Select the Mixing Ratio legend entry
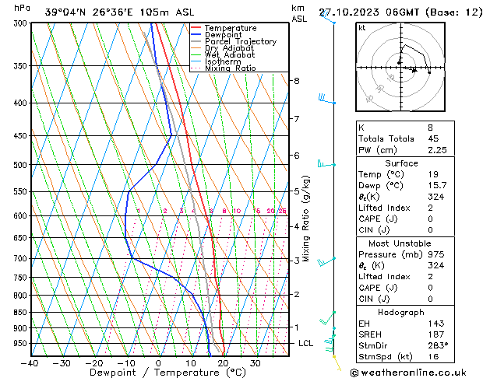point(231,68)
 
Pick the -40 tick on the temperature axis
point(30,363)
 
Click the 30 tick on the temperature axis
point(255,363)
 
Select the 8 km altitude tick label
point(297,81)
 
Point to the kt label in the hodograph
point(362,27)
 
